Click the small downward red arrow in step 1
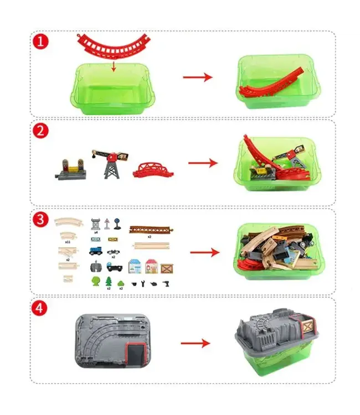[113, 67]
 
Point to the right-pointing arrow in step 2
[203, 163]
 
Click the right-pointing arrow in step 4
[196, 344]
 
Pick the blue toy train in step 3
[96, 251]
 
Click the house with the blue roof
[135, 266]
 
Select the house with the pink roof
[151, 266]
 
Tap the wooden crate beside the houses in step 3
[167, 268]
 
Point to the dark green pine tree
[109, 282]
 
